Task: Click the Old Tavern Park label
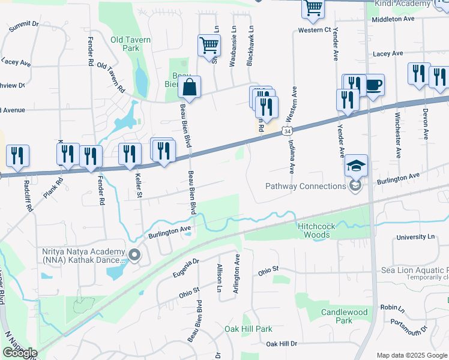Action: [130, 44]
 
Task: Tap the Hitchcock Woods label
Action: [313, 230]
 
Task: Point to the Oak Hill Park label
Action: [249, 329]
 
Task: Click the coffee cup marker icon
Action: [373, 84]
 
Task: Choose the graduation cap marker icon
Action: [356, 165]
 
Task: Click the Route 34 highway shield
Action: [289, 131]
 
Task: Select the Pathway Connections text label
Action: [306, 186]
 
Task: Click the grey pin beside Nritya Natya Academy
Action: [134, 256]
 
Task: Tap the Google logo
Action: [19, 353]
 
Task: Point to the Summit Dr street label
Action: [23, 26]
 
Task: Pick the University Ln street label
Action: [415, 238]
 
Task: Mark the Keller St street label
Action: [138, 181]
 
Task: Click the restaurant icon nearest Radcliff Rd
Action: [17, 155]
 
